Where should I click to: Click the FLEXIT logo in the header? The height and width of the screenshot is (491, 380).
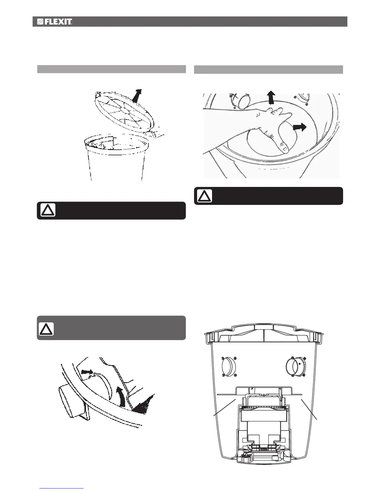(x=55, y=22)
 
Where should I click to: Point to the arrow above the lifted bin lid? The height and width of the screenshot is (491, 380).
(x=137, y=95)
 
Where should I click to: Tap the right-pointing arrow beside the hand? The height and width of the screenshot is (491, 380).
(x=299, y=127)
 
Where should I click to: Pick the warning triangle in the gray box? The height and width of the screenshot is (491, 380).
(x=46, y=329)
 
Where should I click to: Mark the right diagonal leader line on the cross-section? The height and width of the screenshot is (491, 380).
(x=309, y=409)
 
